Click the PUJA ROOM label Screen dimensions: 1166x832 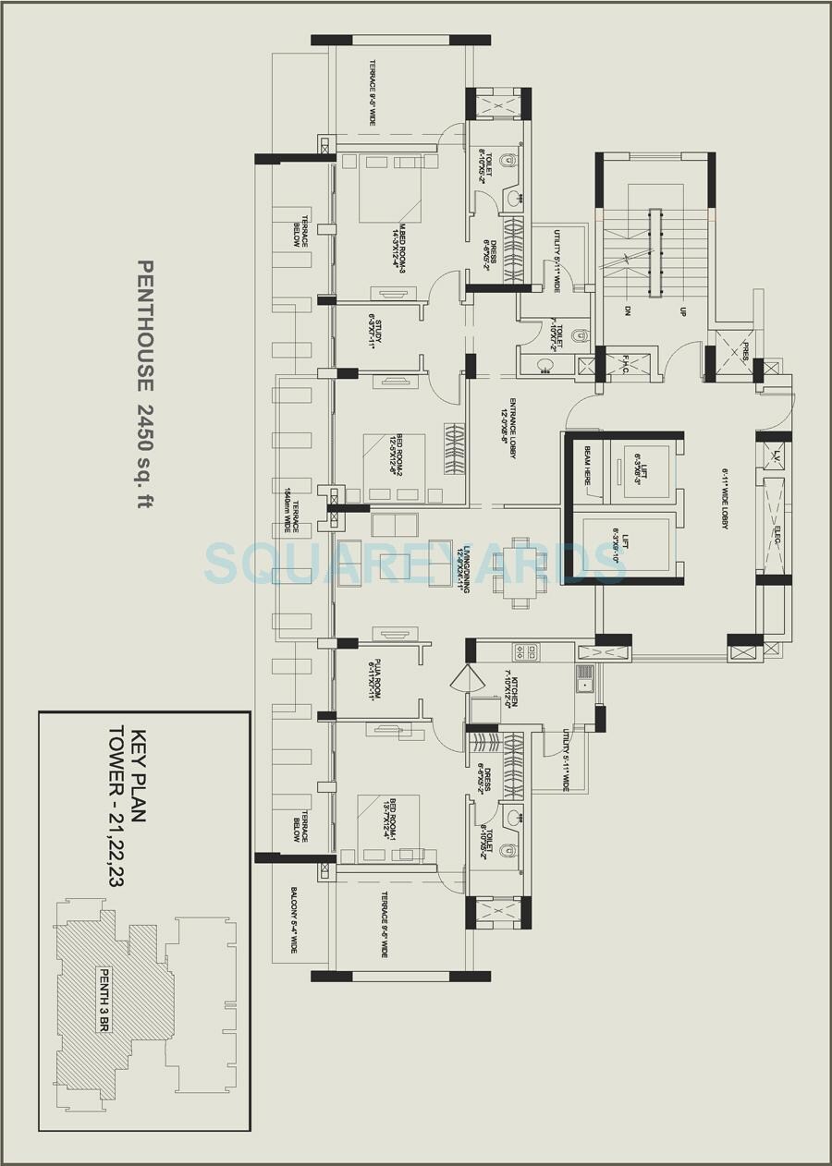375,679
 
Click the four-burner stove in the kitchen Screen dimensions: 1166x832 525,652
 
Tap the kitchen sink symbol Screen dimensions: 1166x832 584,679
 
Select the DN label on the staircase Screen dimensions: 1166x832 628,311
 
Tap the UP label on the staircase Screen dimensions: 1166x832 682,311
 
